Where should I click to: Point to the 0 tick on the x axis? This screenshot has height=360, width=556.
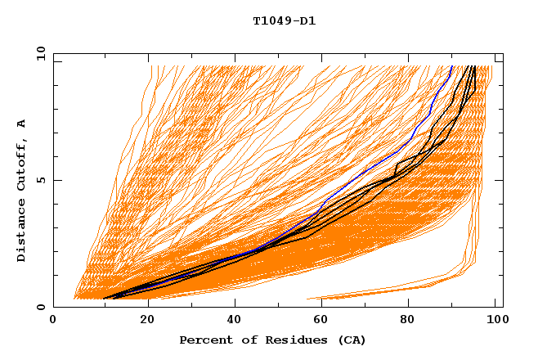(53, 320)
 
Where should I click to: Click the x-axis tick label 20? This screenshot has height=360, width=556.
(148, 320)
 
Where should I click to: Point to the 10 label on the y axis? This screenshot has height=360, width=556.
(40, 53)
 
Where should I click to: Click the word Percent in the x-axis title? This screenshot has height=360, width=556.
(204, 340)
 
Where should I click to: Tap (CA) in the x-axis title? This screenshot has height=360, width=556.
(352, 340)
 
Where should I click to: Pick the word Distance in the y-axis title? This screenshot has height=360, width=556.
(22, 232)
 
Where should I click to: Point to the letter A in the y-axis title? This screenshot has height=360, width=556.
(22, 124)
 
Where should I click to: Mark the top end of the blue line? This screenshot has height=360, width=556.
(451, 66)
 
